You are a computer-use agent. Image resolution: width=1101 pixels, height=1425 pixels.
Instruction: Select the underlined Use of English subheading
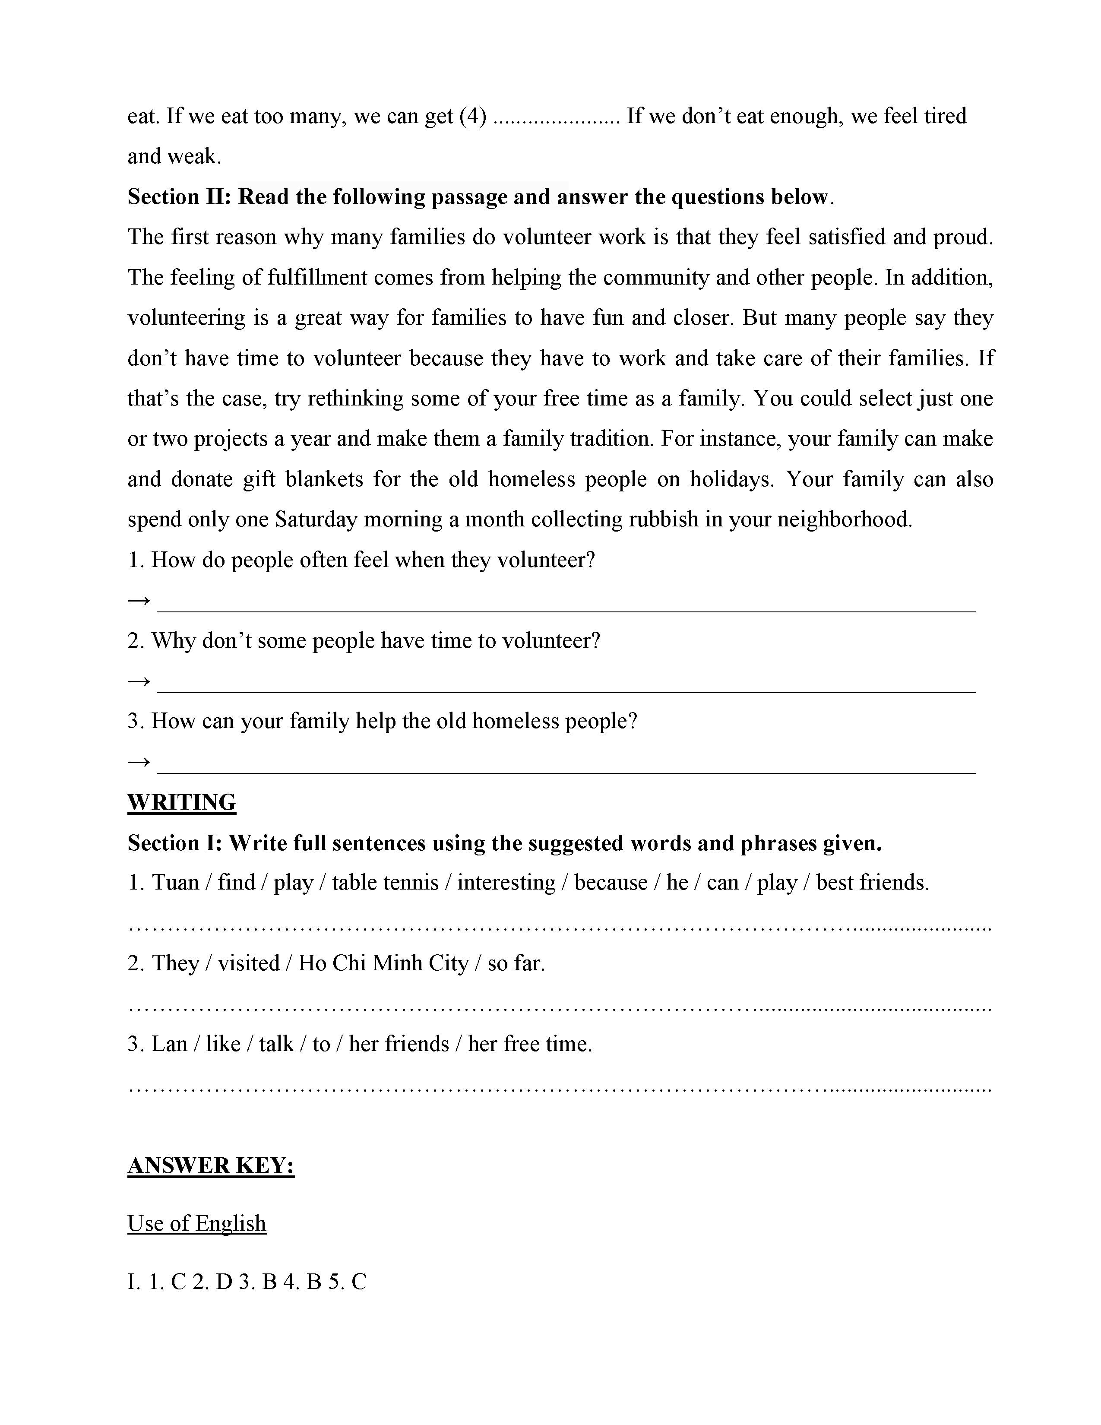[196, 1223]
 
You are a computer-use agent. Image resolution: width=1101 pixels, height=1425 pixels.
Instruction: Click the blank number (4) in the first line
[473, 116]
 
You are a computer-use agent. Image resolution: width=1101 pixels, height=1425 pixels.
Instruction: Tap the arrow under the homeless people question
[139, 761]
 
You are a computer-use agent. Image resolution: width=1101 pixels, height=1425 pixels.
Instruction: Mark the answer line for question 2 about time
[566, 690]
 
